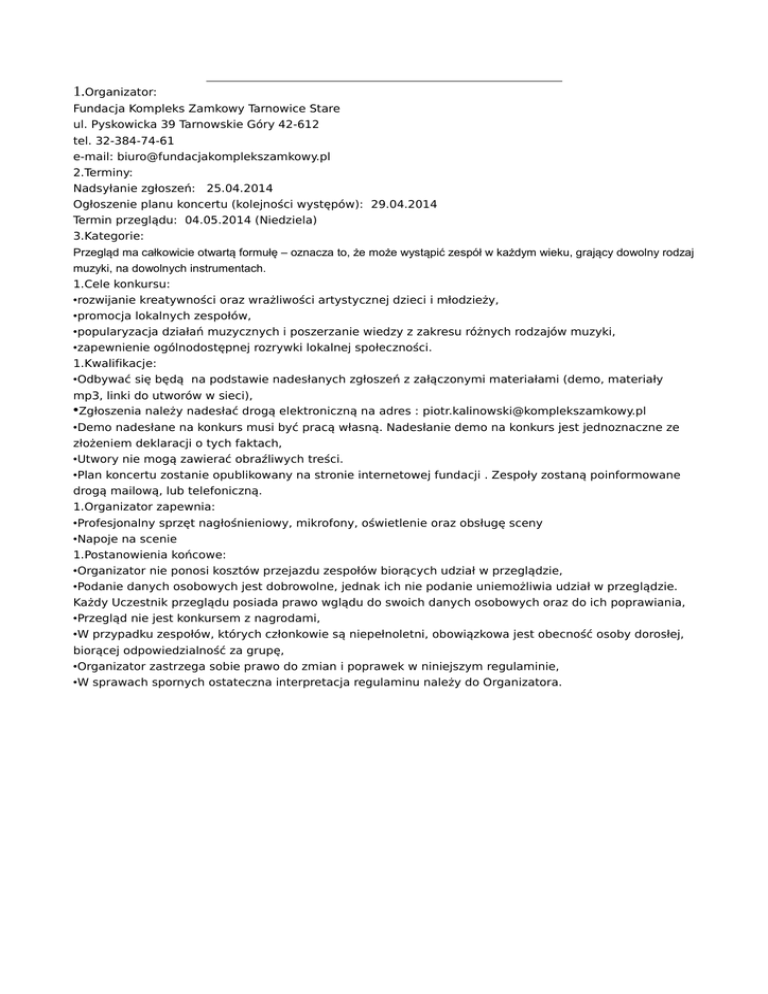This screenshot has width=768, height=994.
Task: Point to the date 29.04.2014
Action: [404, 204]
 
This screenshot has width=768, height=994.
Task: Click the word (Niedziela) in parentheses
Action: [287, 220]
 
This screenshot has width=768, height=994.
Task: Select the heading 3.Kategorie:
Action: [109, 236]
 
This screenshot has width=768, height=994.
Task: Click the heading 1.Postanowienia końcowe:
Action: [149, 554]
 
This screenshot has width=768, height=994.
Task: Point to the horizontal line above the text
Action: [384, 81]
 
